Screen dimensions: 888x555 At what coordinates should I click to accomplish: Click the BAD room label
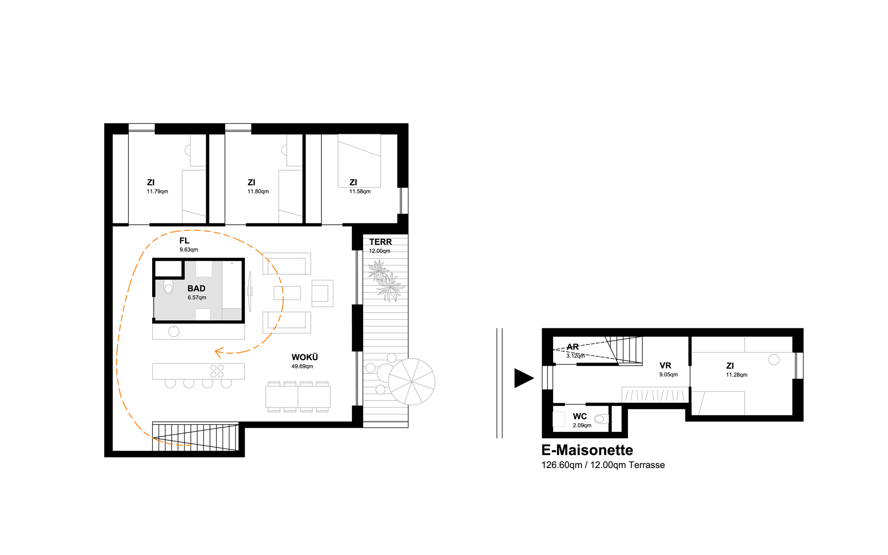pyautogui.click(x=196, y=289)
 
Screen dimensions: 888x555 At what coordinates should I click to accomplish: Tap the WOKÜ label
pyautogui.click(x=304, y=357)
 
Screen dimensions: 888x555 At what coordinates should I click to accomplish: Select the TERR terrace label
pyautogui.click(x=380, y=242)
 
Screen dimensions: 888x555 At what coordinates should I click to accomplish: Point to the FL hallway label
pyautogui.click(x=184, y=240)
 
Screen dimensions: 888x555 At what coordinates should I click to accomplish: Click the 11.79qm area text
pyautogui.click(x=157, y=191)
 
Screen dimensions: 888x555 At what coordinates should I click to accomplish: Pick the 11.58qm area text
pyautogui.click(x=360, y=191)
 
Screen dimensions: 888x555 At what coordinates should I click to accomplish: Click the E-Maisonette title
pyautogui.click(x=587, y=450)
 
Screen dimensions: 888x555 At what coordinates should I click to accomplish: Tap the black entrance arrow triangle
pyautogui.click(x=524, y=378)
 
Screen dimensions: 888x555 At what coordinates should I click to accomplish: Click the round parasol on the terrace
pyautogui.click(x=412, y=382)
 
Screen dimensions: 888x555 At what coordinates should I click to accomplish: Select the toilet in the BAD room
pyautogui.click(x=168, y=287)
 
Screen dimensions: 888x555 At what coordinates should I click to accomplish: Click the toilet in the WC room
pyautogui.click(x=601, y=419)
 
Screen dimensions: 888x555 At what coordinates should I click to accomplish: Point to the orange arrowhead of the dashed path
pyautogui.click(x=219, y=353)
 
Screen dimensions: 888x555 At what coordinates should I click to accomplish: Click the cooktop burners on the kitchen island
pyautogui.click(x=217, y=371)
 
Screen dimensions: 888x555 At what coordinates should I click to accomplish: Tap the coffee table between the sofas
pyautogui.click(x=287, y=293)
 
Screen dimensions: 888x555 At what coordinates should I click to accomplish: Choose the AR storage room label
pyautogui.click(x=573, y=347)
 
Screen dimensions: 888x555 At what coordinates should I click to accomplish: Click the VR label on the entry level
pyautogui.click(x=665, y=365)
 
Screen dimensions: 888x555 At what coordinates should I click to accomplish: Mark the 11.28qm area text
pyautogui.click(x=737, y=375)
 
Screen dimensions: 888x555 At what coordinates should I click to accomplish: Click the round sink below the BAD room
pyautogui.click(x=174, y=331)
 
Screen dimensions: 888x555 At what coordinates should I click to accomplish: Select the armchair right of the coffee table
pyautogui.click(x=322, y=293)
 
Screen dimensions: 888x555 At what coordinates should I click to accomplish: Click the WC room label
pyautogui.click(x=580, y=416)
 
